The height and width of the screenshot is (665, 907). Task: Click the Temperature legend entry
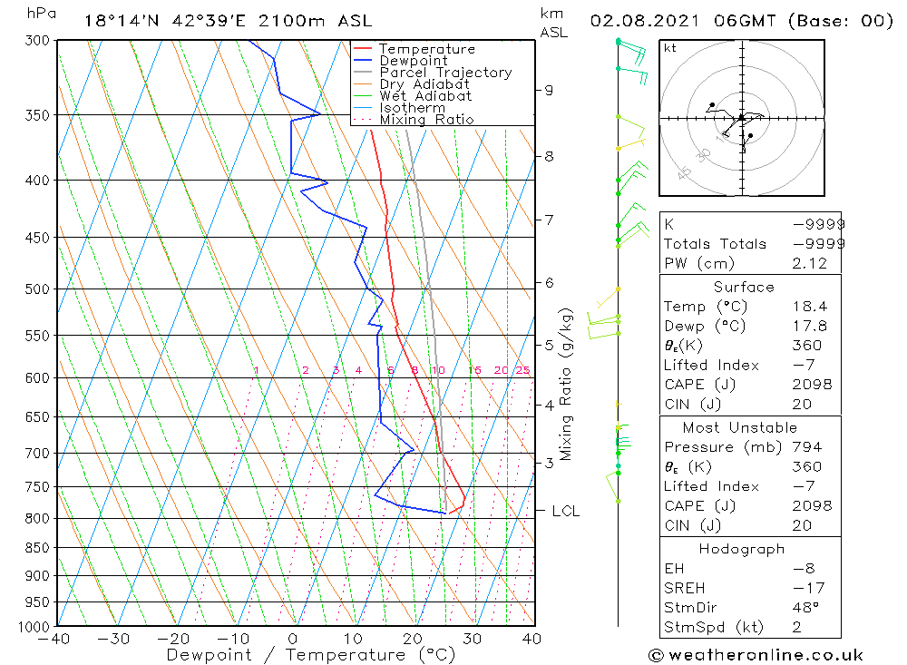426,49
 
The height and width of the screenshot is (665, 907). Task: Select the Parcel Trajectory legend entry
445,73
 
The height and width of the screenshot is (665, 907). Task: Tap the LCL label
565,512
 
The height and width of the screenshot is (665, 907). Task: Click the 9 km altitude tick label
549,90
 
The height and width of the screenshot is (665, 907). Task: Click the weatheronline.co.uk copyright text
756,655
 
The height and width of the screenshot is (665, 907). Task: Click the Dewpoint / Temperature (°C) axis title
311,655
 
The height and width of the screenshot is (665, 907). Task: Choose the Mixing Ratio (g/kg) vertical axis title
566,386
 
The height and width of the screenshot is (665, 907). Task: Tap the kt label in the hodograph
670,48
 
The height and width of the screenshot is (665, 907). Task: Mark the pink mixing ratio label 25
522,370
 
